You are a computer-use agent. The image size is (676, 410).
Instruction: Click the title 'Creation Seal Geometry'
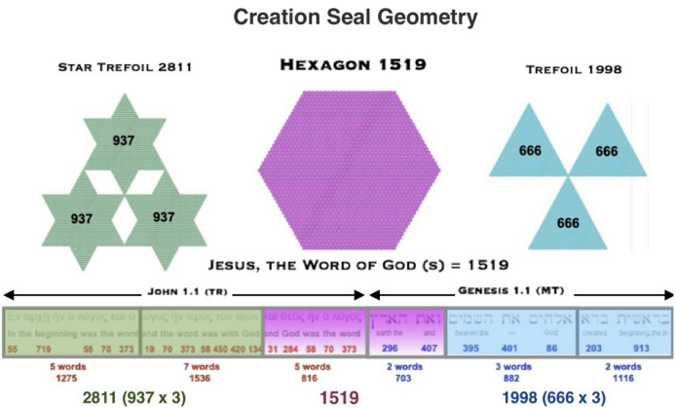tap(338, 18)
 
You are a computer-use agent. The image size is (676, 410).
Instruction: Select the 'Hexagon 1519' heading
tap(338, 65)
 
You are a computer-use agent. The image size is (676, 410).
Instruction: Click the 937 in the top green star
tap(124, 141)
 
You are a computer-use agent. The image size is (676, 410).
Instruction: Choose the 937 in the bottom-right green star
tap(162, 216)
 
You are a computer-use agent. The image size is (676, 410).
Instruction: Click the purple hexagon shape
tap(338, 161)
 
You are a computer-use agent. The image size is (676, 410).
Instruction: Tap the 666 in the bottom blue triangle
tap(568, 223)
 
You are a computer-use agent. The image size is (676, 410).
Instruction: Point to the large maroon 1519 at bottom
tap(339, 398)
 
